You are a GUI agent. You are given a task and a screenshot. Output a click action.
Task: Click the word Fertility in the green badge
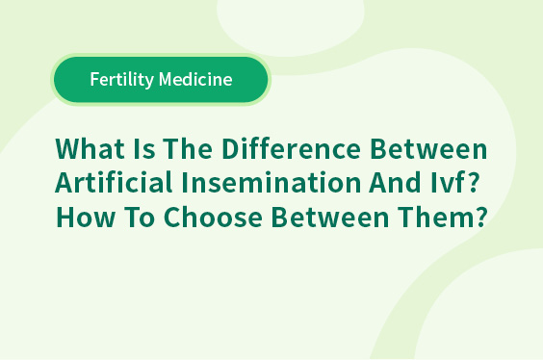point(122,80)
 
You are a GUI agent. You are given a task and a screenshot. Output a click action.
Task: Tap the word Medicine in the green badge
point(195,79)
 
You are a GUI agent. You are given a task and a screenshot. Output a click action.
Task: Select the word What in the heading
point(90,149)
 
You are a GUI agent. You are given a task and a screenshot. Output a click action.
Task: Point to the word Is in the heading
point(143,149)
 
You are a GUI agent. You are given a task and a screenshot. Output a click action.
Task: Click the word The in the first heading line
point(188,149)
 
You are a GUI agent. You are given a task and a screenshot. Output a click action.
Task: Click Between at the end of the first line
point(428,149)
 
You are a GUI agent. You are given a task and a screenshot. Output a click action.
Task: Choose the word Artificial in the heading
point(114,182)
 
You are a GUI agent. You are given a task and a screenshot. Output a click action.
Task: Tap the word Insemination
point(271,182)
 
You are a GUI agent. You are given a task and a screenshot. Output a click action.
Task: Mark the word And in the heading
point(395,182)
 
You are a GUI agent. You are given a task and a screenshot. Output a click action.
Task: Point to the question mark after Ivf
point(472,182)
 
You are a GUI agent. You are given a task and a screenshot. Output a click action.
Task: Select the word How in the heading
point(85,217)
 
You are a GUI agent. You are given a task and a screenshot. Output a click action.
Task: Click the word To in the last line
point(140,217)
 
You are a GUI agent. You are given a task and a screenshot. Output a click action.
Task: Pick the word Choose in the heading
point(213,217)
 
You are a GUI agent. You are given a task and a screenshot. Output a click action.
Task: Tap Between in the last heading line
point(330,217)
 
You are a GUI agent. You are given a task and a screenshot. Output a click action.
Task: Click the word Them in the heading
point(434,217)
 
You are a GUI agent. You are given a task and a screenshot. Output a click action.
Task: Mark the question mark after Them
point(480,217)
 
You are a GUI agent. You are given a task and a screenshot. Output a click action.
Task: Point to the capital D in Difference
point(231,149)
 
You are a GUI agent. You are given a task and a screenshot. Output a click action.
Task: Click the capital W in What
point(69,149)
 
